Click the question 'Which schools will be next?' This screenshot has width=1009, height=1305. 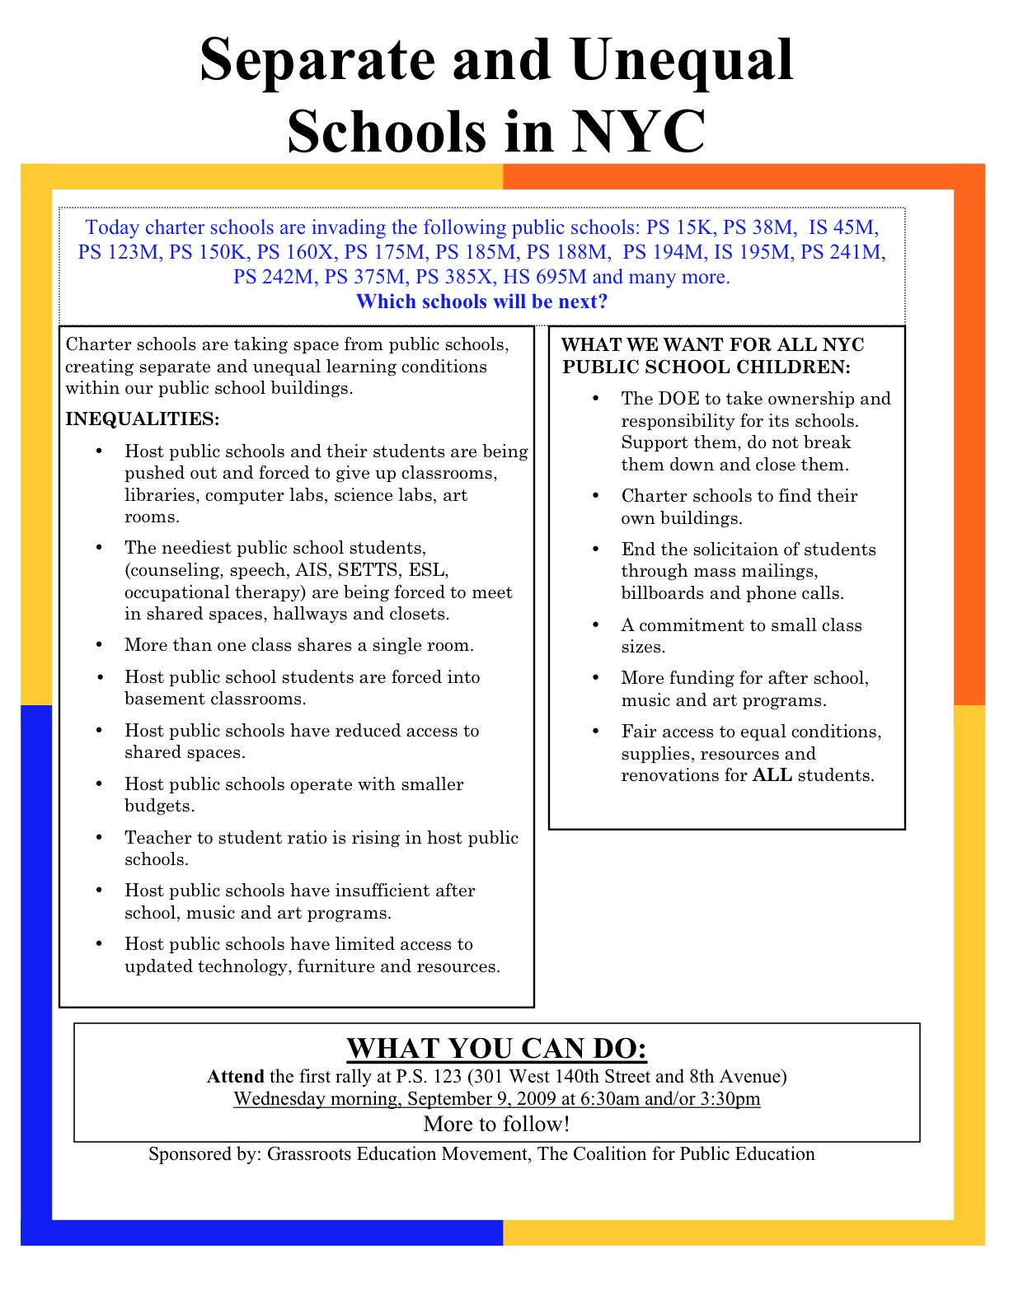point(481,302)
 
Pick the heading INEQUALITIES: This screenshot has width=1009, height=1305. point(143,419)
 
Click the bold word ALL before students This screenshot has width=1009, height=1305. point(772,775)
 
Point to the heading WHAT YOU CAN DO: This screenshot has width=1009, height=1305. point(496,1048)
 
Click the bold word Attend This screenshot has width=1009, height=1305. point(235,1077)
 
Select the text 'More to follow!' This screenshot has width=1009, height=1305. point(496,1124)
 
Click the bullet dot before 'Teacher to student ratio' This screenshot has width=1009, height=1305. point(100,838)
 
